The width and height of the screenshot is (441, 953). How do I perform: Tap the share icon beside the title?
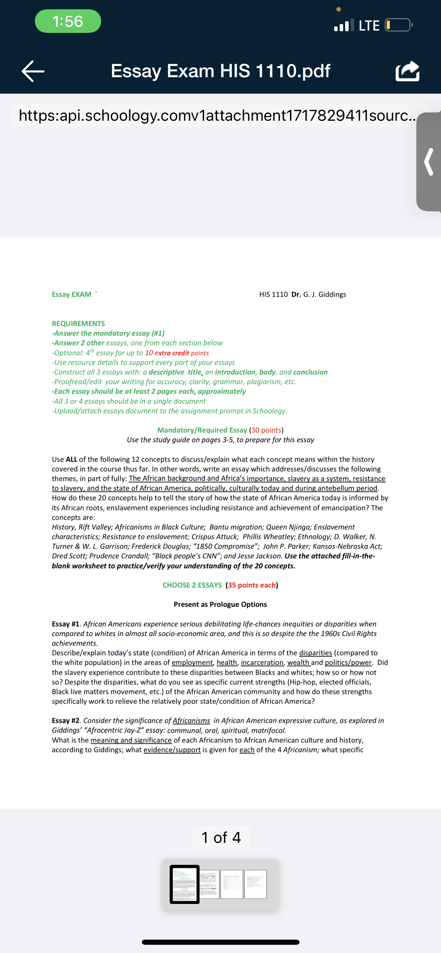pyautogui.click(x=407, y=71)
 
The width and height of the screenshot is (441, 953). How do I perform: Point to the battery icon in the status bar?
pyautogui.click(x=398, y=25)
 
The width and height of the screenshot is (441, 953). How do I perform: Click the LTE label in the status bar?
pyautogui.click(x=369, y=25)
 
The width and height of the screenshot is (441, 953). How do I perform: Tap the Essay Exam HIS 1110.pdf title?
pyautogui.click(x=220, y=71)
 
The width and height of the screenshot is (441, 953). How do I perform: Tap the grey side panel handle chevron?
pyautogui.click(x=429, y=162)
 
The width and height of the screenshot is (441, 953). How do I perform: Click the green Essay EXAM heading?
pyautogui.click(x=71, y=294)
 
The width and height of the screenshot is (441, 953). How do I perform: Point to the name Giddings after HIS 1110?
pyautogui.click(x=332, y=294)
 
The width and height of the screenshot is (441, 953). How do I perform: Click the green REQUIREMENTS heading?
pyautogui.click(x=78, y=323)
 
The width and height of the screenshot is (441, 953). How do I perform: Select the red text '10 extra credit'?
pyautogui.click(x=167, y=353)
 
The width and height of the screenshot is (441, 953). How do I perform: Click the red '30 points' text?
pyautogui.click(x=266, y=430)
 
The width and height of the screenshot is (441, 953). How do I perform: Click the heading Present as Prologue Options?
pyautogui.click(x=220, y=604)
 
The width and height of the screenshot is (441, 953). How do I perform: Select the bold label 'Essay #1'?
pyautogui.click(x=66, y=624)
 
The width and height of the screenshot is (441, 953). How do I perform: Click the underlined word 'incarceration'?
pyautogui.click(x=262, y=662)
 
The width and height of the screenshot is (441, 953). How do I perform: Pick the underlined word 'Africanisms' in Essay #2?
pyautogui.click(x=191, y=720)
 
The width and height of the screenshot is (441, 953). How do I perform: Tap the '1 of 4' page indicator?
pyautogui.click(x=221, y=837)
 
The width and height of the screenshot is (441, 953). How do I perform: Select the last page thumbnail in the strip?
pyautogui.click(x=255, y=884)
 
